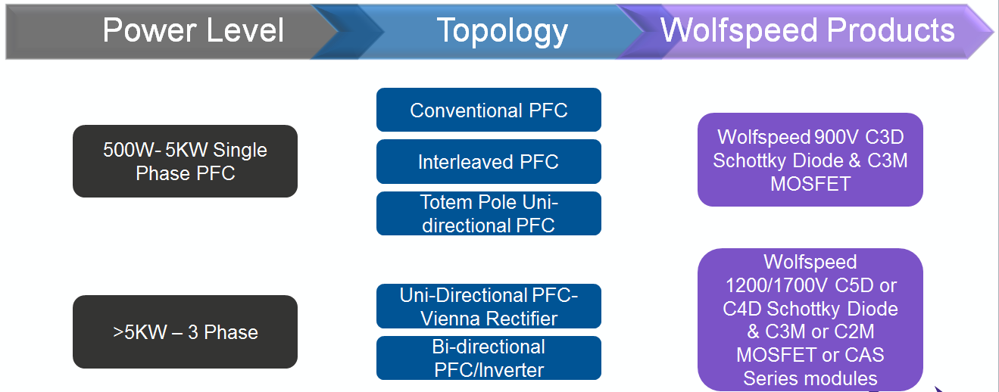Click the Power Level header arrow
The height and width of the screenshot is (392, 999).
click(179, 31)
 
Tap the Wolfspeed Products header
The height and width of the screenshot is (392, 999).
click(807, 31)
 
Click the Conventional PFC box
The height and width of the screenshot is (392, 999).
click(489, 110)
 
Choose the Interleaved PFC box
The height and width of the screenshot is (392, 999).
click(489, 162)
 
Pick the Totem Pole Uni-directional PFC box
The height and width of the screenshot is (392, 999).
click(489, 213)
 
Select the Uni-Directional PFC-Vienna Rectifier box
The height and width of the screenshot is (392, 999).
click(489, 306)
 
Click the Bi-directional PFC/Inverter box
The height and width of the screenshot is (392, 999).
click(489, 358)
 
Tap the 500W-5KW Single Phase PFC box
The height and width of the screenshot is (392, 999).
click(185, 161)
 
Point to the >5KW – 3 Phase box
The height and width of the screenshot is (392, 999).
click(185, 332)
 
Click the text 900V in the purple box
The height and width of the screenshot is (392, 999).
click(836, 137)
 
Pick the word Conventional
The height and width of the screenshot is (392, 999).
click(466, 110)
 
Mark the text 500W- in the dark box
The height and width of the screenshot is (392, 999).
click(132, 150)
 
